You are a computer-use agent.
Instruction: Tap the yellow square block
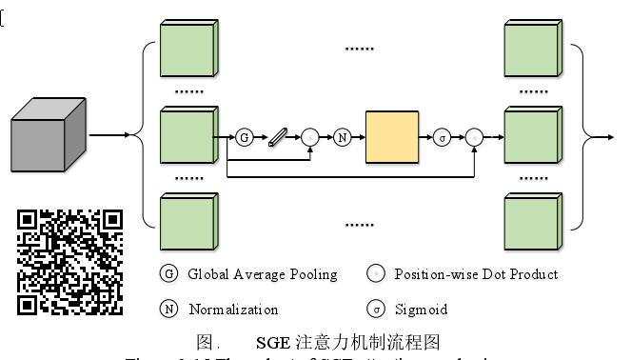392,138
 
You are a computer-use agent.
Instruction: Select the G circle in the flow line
245,137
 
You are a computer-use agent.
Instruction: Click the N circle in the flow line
343,137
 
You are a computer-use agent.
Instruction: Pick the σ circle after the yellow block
442,137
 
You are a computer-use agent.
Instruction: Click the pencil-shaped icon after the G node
277,137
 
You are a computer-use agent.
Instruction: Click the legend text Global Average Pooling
262,274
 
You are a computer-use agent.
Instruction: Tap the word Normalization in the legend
233,310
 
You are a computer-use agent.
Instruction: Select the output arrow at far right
603,136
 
